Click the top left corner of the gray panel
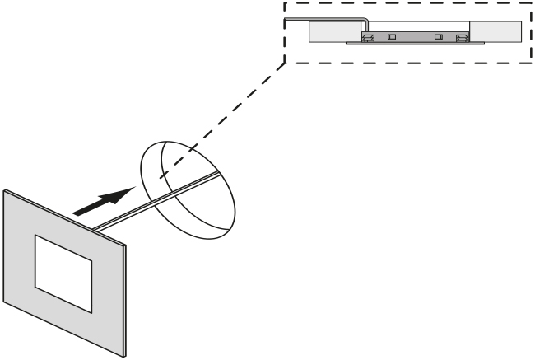4,191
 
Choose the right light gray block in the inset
495,31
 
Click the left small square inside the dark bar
393,36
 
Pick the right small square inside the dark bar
439,36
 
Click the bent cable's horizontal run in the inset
321,18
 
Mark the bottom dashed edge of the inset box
412,63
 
